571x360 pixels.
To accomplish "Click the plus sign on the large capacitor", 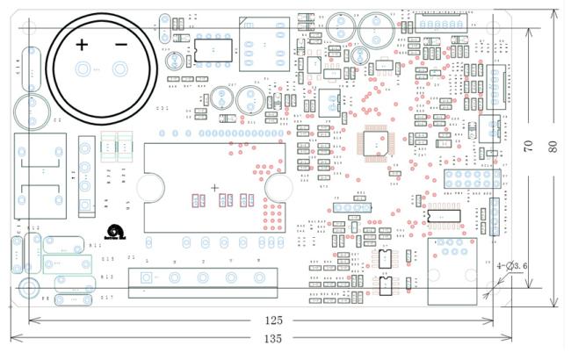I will [x=82, y=44].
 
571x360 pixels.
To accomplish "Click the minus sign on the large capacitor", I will [x=120, y=44].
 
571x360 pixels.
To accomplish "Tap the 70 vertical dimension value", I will [x=529, y=146].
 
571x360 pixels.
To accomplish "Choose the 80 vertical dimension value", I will [x=553, y=146].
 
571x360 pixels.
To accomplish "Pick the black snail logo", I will [x=117, y=231].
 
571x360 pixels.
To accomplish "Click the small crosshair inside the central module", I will [x=214, y=188].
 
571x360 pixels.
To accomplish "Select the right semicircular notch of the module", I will [x=279, y=186].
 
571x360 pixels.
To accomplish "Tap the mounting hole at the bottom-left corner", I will [x=29, y=286].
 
